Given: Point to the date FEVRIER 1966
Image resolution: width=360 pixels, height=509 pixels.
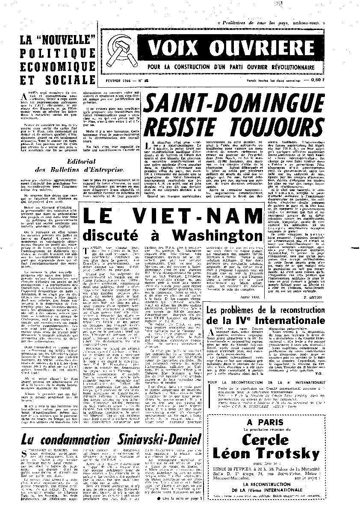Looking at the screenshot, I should click(119, 80).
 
